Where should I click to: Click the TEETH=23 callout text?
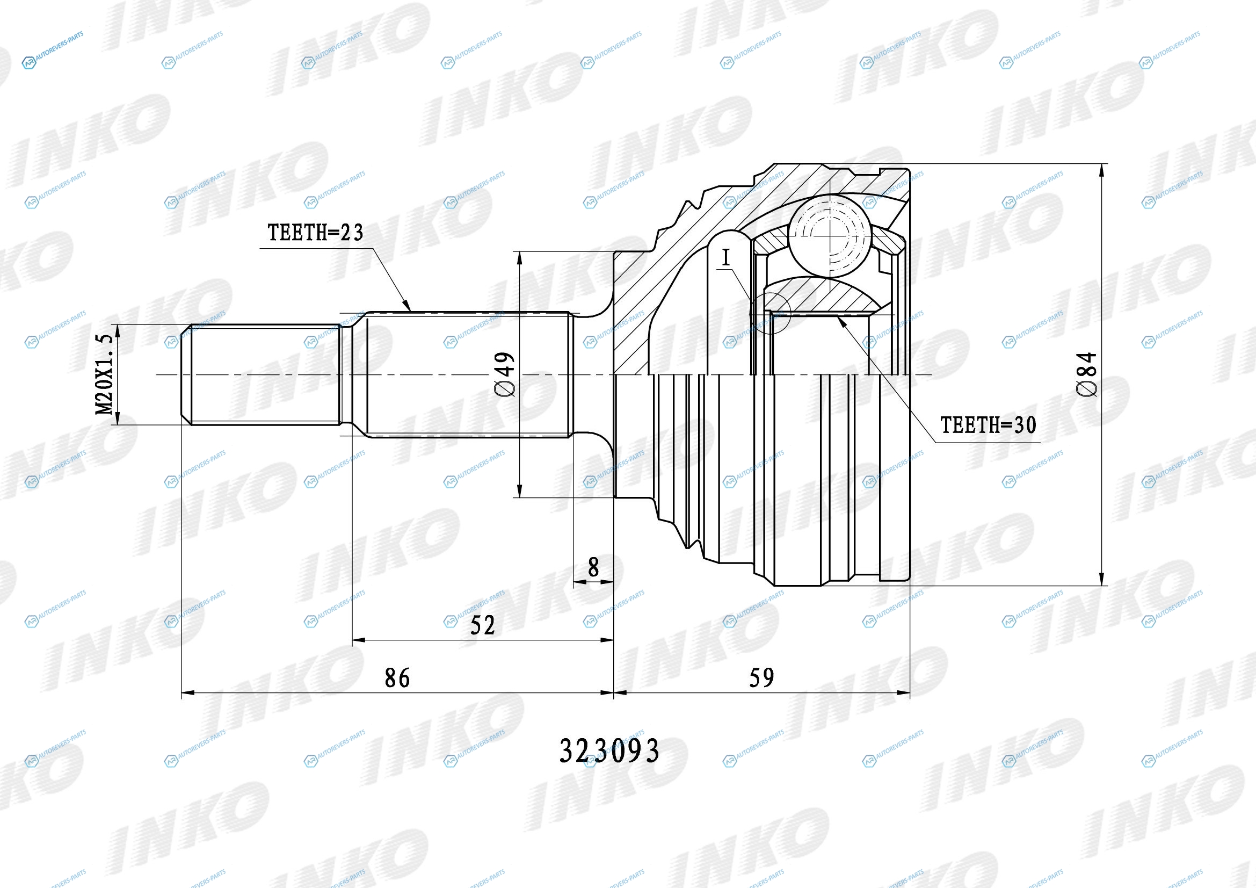[x=315, y=233]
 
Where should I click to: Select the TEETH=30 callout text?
[x=988, y=424]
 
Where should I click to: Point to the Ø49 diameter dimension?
[x=505, y=374]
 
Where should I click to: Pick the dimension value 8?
[x=593, y=567]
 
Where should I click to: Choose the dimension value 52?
[x=483, y=625]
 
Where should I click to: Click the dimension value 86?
[x=397, y=678]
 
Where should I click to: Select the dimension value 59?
[x=761, y=678]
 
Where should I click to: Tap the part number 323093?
[x=609, y=750]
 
